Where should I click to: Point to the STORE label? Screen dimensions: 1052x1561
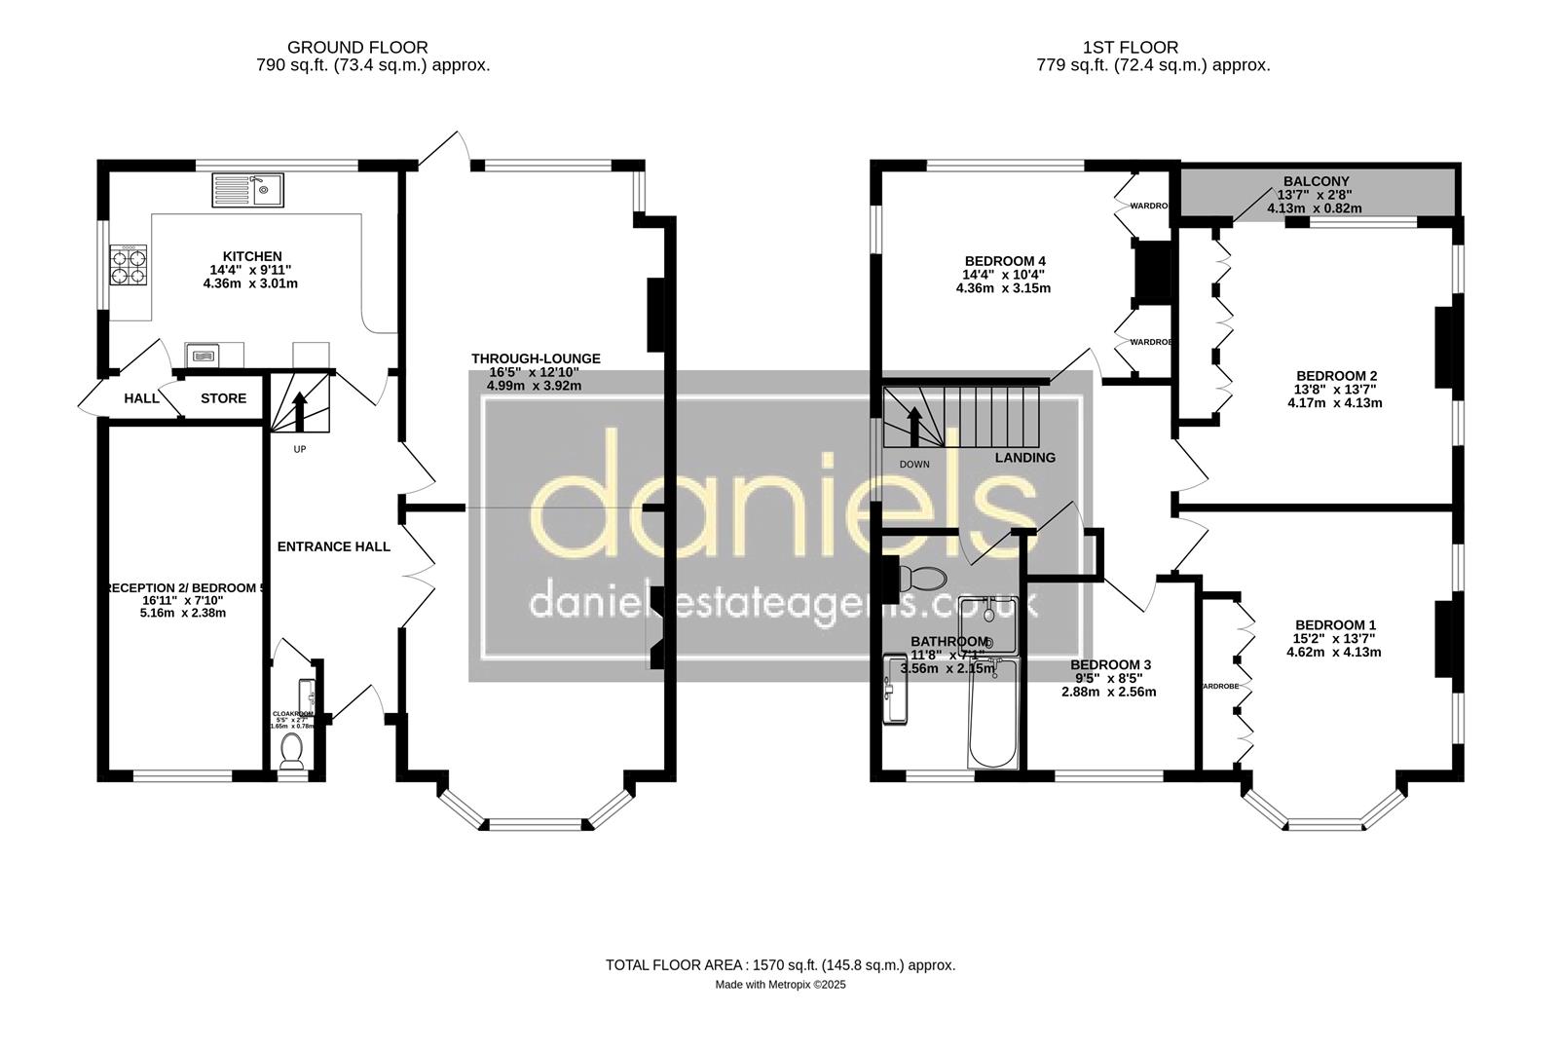pos(223,398)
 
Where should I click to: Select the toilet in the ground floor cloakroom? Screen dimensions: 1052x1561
pos(291,751)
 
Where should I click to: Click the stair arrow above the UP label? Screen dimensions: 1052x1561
pos(300,410)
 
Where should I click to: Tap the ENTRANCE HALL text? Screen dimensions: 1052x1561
pos(333,546)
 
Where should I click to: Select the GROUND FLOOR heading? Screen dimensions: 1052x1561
pos(357,47)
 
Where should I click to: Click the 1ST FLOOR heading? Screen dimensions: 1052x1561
pos(1130,47)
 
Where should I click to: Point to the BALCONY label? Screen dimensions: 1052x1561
pos(1316,182)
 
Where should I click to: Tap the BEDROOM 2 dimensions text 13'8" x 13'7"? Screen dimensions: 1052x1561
pos(1335,390)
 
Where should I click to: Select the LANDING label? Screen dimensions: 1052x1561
pos(1024,458)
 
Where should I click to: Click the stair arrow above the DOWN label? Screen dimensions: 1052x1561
pos(913,425)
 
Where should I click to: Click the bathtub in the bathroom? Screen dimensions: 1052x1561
pos(993,715)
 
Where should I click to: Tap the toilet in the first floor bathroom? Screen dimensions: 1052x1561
pos(920,578)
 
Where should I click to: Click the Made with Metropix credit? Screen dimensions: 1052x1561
pos(780,985)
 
